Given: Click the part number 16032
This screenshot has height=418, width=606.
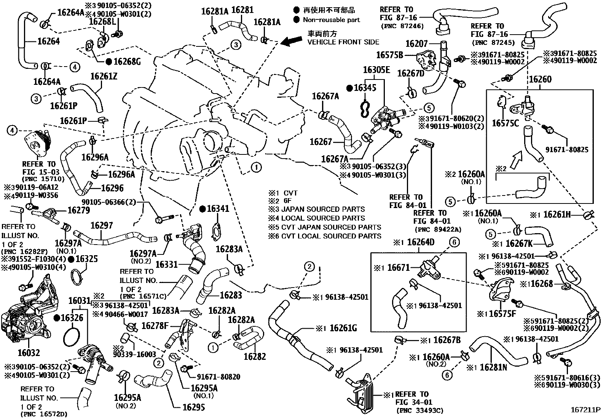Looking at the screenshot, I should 29,353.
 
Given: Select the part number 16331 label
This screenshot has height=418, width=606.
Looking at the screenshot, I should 167,264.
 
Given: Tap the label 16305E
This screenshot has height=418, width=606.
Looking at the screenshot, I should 376,70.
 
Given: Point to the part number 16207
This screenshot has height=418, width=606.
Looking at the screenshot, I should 416,44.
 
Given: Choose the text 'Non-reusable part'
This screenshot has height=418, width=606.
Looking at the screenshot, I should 331,20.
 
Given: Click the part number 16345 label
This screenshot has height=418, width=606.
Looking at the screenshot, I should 365,88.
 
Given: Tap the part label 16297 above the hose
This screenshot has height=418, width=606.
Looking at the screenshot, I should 102,226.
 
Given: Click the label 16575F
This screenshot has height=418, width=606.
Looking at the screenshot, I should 502,314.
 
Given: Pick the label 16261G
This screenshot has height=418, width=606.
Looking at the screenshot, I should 343,327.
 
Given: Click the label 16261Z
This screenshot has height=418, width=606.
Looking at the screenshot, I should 104,76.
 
